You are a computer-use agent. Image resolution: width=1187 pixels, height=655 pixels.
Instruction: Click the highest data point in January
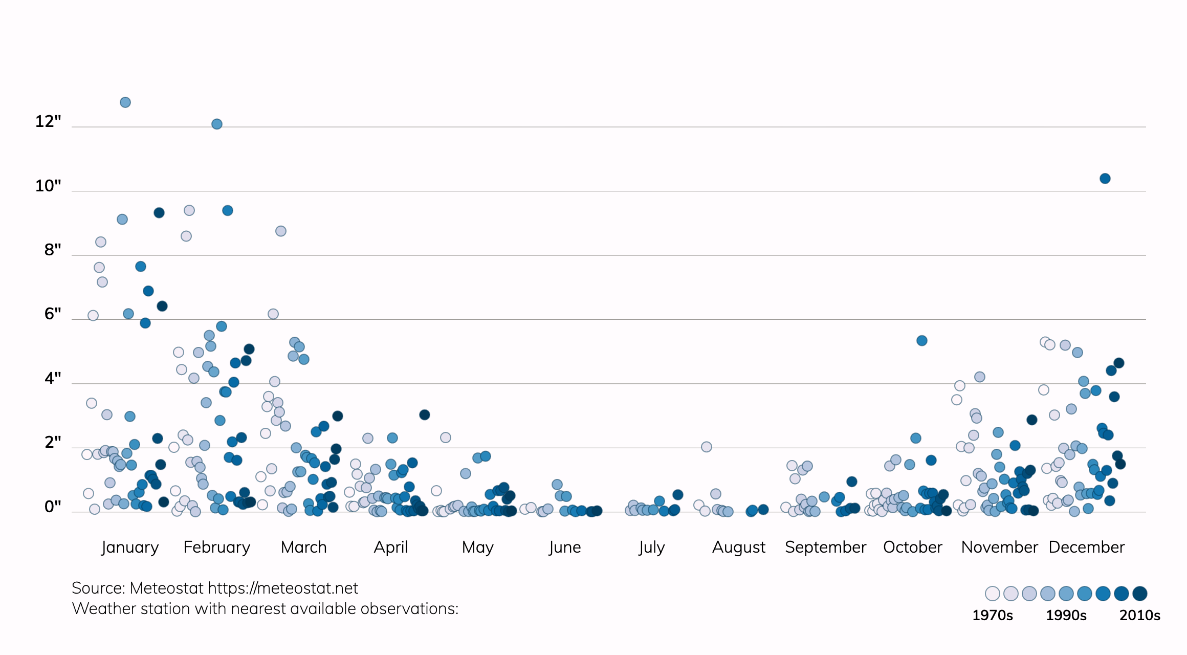[125, 102]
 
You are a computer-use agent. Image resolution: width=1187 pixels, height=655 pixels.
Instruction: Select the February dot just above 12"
[217, 124]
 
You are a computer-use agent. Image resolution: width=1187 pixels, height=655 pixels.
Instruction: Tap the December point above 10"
[1105, 179]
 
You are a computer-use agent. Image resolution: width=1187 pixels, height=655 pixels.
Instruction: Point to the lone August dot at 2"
[707, 447]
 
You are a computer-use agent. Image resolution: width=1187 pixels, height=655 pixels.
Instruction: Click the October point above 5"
[922, 341]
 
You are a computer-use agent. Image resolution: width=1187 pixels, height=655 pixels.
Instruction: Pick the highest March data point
[281, 231]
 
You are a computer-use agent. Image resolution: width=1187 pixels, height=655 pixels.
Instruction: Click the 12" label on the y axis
[48, 122]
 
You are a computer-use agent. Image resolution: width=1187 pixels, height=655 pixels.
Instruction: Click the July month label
[652, 548]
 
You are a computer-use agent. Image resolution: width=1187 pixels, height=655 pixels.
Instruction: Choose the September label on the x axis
[825, 548]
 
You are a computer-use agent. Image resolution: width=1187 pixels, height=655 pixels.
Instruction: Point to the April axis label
[391, 548]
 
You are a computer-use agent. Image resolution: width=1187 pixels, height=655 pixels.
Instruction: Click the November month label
[999, 548]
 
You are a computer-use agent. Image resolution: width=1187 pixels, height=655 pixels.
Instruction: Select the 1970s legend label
[993, 615]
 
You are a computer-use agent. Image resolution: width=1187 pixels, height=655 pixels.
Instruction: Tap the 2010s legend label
[1140, 615]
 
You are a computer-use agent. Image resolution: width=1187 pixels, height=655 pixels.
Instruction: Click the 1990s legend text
[1066, 615]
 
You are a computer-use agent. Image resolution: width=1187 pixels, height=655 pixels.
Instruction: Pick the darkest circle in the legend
[1140, 594]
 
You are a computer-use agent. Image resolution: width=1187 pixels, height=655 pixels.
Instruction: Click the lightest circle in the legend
[993, 594]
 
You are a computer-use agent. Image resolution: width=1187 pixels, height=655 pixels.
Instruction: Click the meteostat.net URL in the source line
[283, 588]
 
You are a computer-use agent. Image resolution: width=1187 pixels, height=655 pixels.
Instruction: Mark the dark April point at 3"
[425, 415]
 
